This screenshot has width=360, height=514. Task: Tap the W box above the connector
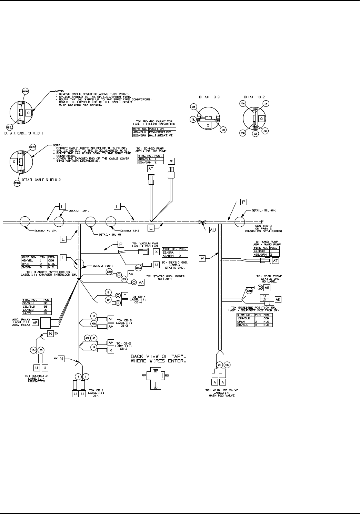click(x=171, y=161)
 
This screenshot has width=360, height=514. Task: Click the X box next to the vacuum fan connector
click(x=156, y=252)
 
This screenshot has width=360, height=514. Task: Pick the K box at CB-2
click(x=111, y=350)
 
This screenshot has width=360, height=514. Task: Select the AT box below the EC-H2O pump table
click(x=151, y=168)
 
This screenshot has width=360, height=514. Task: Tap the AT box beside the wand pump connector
click(x=275, y=261)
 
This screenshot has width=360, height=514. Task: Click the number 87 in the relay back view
click(x=156, y=371)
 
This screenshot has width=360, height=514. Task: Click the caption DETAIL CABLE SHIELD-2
click(x=41, y=180)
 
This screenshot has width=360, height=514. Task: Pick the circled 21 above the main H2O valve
click(x=219, y=365)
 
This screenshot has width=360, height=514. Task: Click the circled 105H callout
click(x=249, y=290)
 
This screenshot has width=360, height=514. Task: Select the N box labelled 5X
click(x=51, y=334)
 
